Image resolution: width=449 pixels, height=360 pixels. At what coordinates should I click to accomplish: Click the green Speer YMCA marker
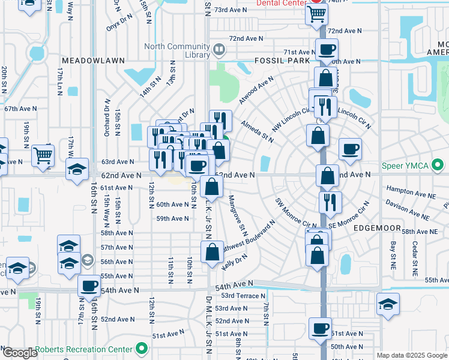[x=438, y=164]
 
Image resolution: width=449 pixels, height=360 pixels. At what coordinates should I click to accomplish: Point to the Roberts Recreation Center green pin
[x=142, y=348]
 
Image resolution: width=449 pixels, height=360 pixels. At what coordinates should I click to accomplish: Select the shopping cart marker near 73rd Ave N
[x=316, y=13]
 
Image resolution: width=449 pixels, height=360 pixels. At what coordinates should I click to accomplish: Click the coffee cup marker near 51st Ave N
[x=319, y=328]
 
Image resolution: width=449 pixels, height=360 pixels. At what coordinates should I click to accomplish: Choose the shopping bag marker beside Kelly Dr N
[x=211, y=253]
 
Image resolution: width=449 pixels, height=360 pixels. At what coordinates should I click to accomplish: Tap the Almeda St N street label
[x=258, y=131]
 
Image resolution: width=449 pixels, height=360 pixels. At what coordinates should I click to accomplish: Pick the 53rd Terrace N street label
[x=243, y=296]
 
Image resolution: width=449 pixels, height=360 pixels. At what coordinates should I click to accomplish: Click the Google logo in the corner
[x=20, y=353]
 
